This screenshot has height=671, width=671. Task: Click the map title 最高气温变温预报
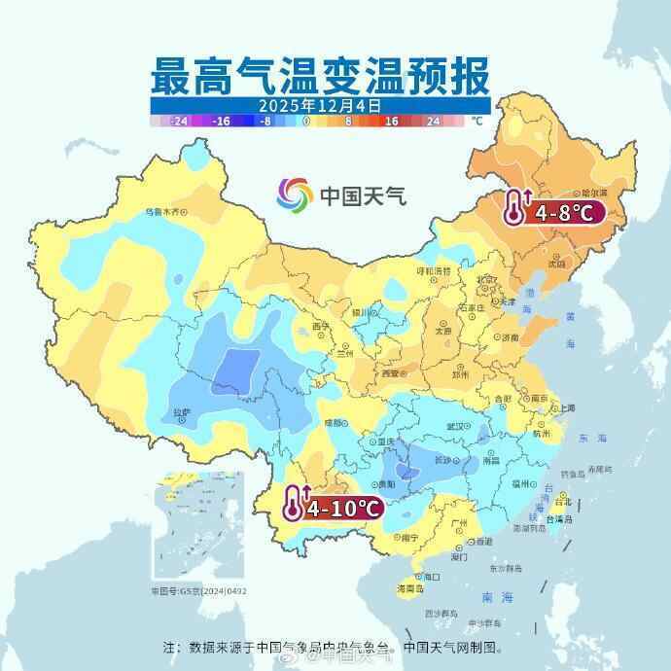click(x=320, y=73)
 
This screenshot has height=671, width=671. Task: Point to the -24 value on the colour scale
click(x=178, y=123)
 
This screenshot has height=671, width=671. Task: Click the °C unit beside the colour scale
click(x=477, y=122)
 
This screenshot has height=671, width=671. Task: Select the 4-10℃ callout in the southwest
click(x=343, y=507)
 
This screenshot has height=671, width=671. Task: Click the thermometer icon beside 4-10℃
click(x=292, y=503)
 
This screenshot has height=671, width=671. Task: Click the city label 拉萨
click(x=182, y=412)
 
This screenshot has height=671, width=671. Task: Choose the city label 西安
click(x=390, y=372)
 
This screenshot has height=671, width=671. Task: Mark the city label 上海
click(x=564, y=408)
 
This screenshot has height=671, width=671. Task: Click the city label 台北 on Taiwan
click(x=562, y=503)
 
